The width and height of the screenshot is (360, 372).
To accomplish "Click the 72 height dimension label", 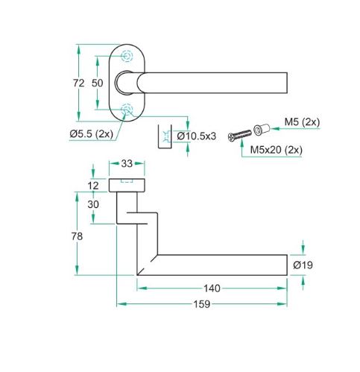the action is [79, 83].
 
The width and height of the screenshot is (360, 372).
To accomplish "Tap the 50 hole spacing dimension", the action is [97, 83].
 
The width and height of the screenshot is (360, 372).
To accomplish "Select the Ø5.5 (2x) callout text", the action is [92, 134].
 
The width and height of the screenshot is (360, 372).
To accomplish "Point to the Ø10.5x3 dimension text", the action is [197, 136].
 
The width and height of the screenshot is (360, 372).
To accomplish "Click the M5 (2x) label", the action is [302, 122].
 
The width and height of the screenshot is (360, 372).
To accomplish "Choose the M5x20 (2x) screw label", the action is [277, 150].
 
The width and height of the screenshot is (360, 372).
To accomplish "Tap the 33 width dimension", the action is [127, 164].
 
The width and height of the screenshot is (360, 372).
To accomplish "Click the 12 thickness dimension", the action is [93, 186].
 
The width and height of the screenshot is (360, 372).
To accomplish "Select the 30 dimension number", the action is [93, 204].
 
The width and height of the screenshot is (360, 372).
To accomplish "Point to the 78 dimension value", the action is [77, 236].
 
